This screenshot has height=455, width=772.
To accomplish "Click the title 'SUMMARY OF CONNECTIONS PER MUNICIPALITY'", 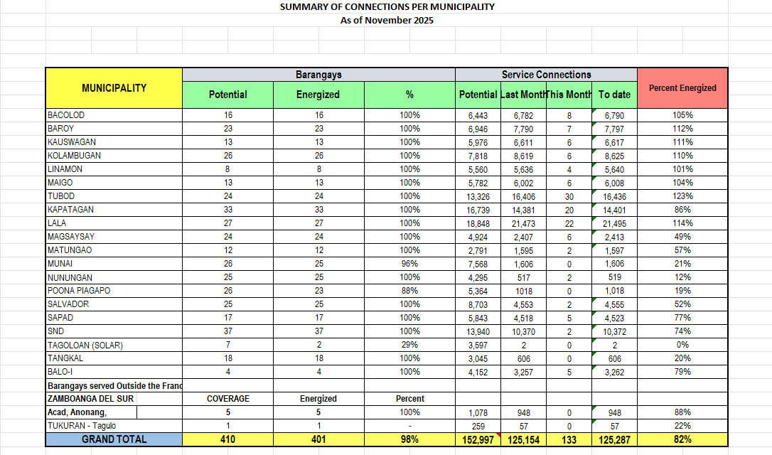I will click(387, 7).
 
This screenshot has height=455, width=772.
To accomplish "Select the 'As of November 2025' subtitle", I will click(387, 20).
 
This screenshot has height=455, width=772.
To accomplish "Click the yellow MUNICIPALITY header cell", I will click(114, 88).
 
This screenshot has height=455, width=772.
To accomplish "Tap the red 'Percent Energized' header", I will click(682, 88).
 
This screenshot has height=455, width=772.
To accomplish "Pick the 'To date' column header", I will click(614, 95).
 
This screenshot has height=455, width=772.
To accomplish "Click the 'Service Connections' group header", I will click(546, 75).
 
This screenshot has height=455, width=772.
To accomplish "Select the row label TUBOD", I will click(61, 196).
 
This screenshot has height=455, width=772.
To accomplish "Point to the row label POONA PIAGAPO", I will click(79, 291).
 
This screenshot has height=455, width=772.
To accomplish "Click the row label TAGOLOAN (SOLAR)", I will click(85, 346).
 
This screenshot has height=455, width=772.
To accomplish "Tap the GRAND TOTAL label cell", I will click(114, 439).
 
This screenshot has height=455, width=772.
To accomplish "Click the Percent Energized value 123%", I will click(682, 196).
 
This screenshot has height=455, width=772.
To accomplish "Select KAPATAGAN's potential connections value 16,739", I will click(478, 210).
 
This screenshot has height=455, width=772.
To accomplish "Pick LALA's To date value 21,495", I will click(614, 223).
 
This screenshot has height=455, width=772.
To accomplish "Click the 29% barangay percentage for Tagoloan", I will click(409, 346).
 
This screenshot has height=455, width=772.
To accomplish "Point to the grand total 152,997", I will click(478, 440).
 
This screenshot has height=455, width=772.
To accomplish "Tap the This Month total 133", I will click(569, 440).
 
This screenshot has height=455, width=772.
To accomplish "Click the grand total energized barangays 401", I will click(318, 440).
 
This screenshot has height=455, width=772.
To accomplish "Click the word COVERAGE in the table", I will click(227, 399).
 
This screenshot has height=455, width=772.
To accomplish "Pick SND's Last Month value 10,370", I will click(523, 331).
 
